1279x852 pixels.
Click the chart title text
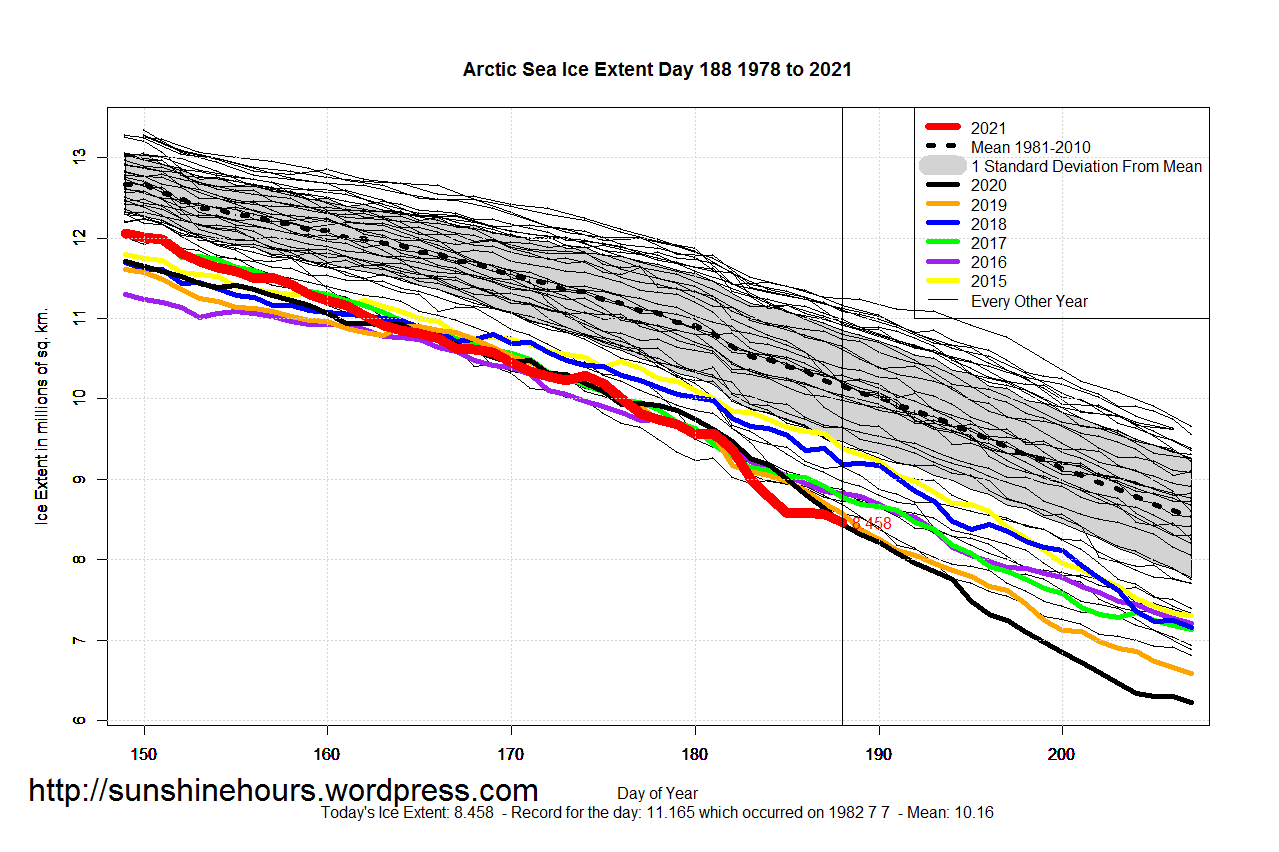(x=657, y=70)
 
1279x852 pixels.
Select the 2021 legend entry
(x=988, y=128)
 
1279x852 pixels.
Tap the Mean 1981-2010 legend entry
(x=1030, y=147)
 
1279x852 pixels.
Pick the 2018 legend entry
(x=988, y=224)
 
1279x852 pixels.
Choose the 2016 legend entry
(x=988, y=262)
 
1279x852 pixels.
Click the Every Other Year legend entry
(x=1029, y=301)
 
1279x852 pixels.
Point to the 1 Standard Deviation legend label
(x=1086, y=166)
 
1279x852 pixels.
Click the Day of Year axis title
(x=657, y=794)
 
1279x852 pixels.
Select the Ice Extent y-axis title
(x=42, y=414)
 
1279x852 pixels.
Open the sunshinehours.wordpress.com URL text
(x=283, y=791)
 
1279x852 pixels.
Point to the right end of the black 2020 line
(x=1191, y=703)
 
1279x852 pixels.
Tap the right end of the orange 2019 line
(x=1191, y=673)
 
